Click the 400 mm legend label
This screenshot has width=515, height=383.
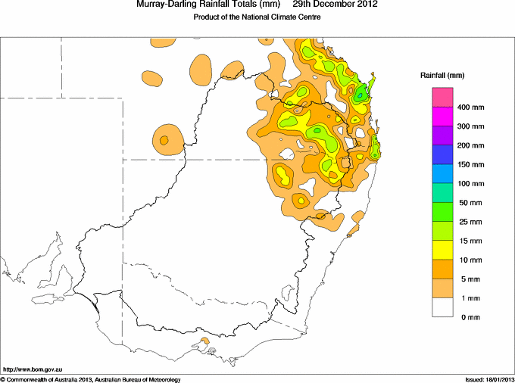point(470,107)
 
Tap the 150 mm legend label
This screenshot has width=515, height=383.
point(470,165)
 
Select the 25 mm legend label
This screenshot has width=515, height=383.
point(470,223)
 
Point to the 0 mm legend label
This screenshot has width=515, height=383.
point(470,317)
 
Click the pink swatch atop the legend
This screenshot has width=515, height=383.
point(442,97)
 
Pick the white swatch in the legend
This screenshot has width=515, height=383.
point(442,307)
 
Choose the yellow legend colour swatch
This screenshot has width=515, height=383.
point(442,250)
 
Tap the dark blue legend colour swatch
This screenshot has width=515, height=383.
point(442,154)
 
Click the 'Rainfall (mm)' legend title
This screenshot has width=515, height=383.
point(442,76)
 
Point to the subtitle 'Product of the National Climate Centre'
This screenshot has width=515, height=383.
point(257,17)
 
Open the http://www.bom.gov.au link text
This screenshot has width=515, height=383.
point(32,370)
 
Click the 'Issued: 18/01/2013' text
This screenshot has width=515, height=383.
point(489,380)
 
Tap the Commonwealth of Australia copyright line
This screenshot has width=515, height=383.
point(91,380)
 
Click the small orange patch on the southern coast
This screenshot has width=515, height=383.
point(205,341)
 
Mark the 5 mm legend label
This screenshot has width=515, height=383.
point(470,279)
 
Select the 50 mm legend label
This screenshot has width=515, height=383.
point(470,203)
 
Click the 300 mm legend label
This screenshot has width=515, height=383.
point(470,126)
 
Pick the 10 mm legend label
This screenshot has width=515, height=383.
point(470,260)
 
